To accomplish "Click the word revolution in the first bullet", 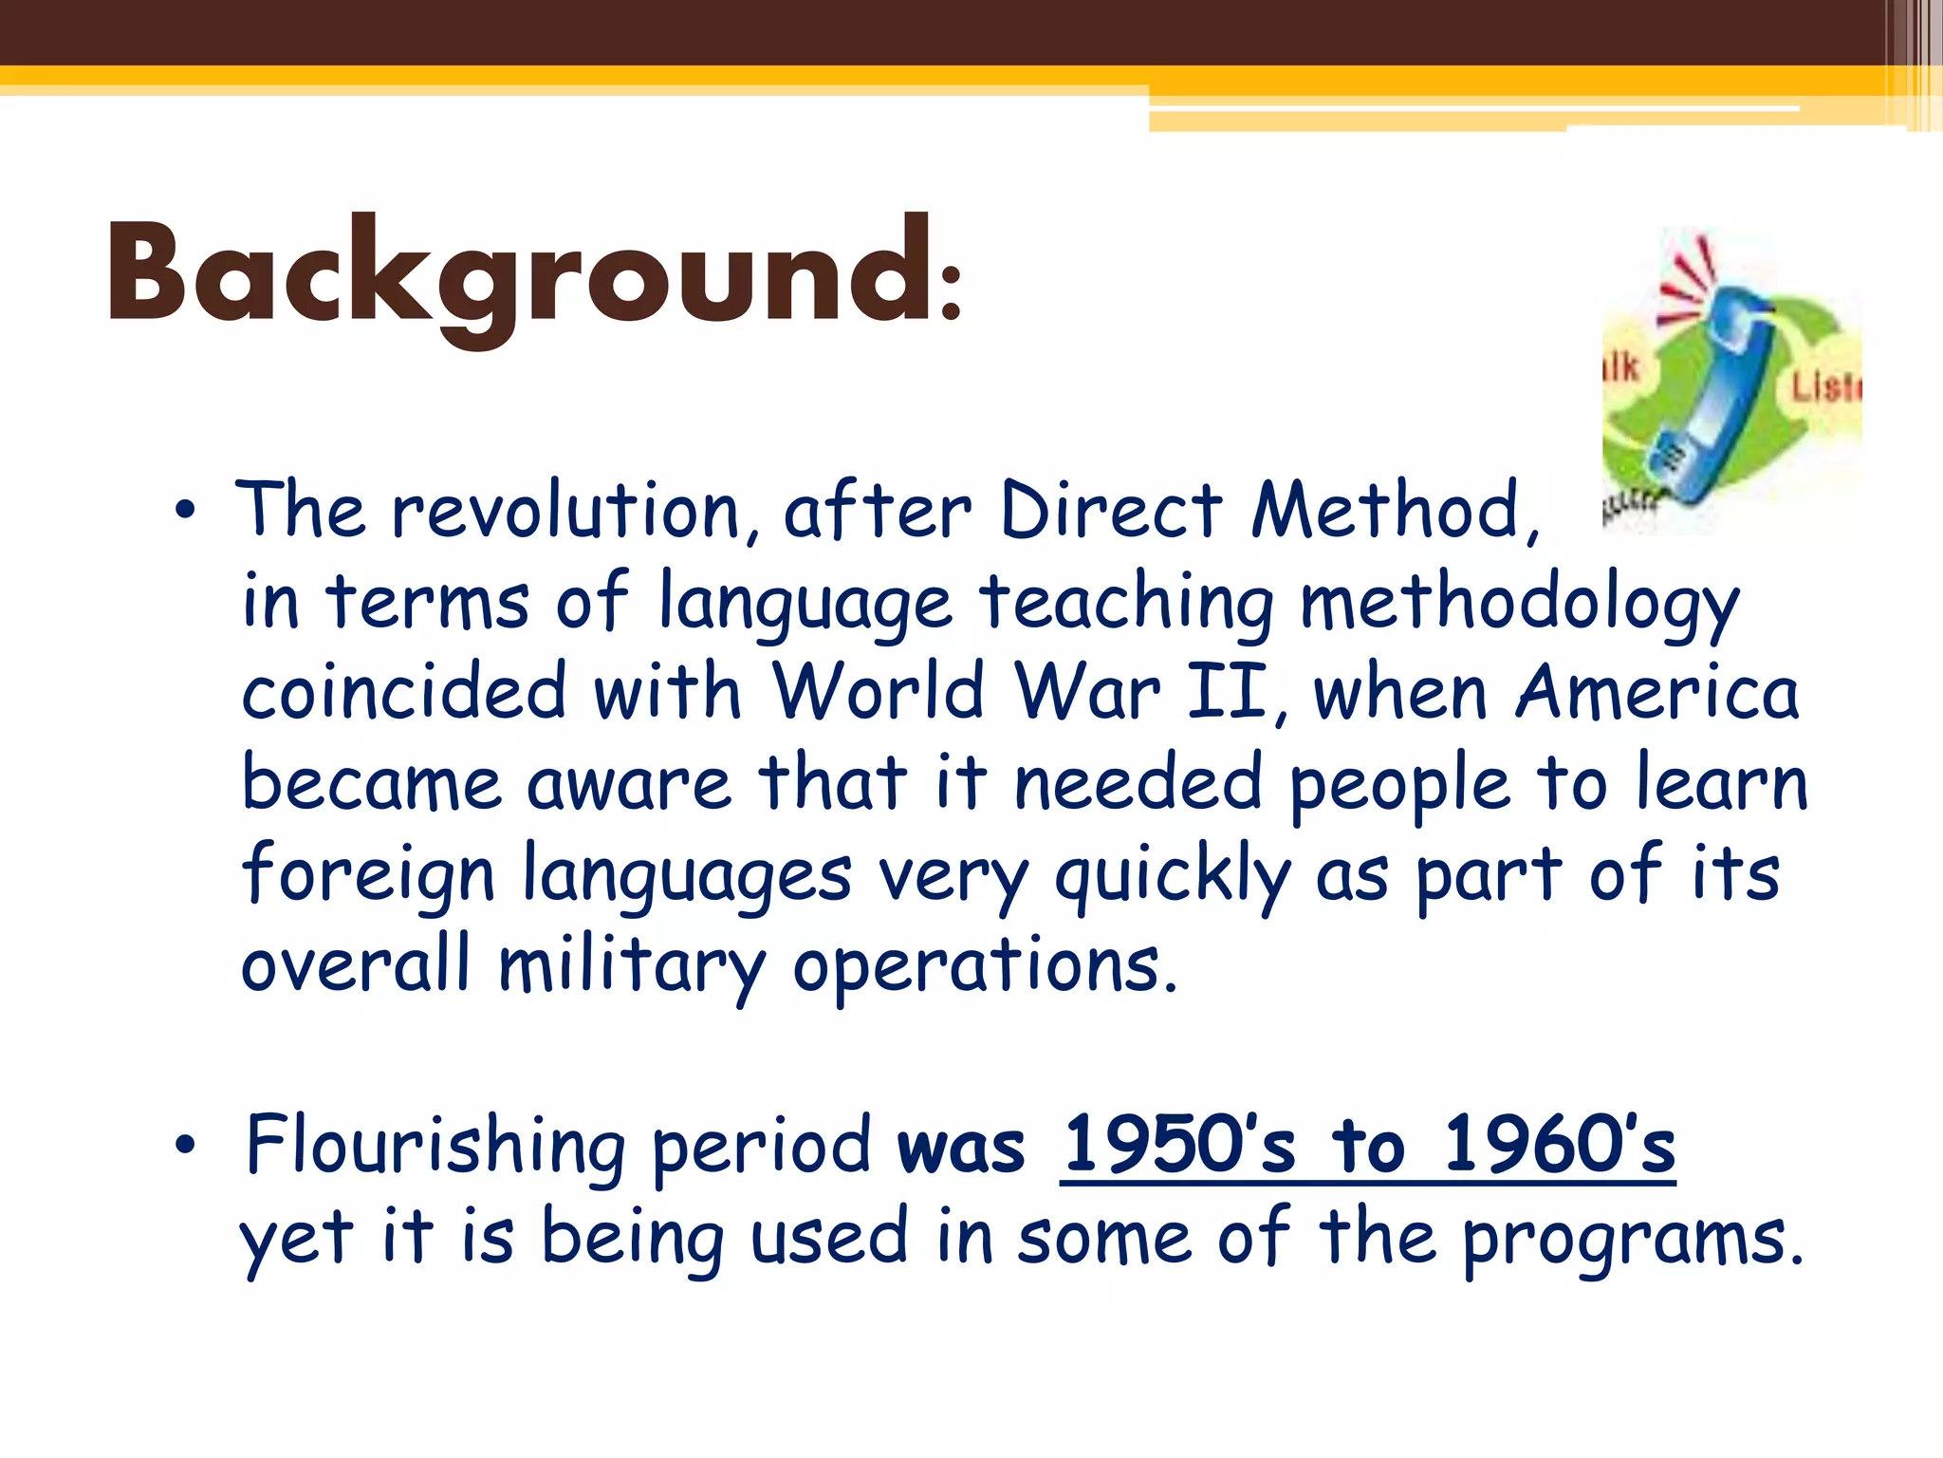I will tap(566, 513).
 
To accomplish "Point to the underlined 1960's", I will tap(1559, 1145).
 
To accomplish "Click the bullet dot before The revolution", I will tap(185, 512).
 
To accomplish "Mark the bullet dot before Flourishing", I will tap(185, 1146).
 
